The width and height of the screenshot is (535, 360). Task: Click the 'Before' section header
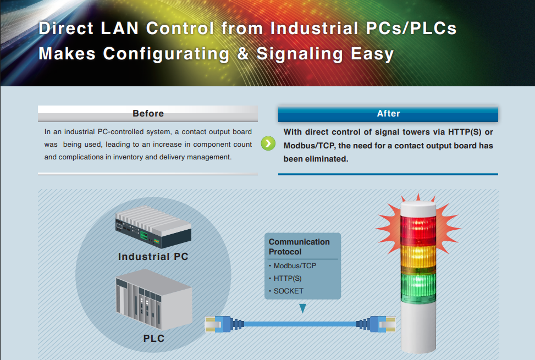(x=148, y=114)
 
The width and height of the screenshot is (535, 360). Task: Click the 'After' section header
(x=388, y=114)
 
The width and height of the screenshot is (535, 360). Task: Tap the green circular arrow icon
(x=268, y=143)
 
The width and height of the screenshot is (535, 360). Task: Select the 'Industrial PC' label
(x=153, y=256)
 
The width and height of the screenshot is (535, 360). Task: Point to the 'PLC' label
(x=154, y=338)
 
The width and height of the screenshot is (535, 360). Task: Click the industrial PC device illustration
(x=153, y=226)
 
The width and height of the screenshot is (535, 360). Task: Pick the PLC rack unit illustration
(x=154, y=300)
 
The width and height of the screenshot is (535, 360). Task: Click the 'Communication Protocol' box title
(x=299, y=246)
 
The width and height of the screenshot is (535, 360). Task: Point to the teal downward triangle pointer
(x=302, y=308)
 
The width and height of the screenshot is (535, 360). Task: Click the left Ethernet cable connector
(x=224, y=324)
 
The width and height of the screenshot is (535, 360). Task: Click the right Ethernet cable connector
(x=376, y=324)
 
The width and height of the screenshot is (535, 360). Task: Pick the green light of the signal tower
(x=418, y=287)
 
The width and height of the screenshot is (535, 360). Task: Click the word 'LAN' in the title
(x=119, y=28)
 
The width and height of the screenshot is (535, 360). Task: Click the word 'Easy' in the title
(x=372, y=54)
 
